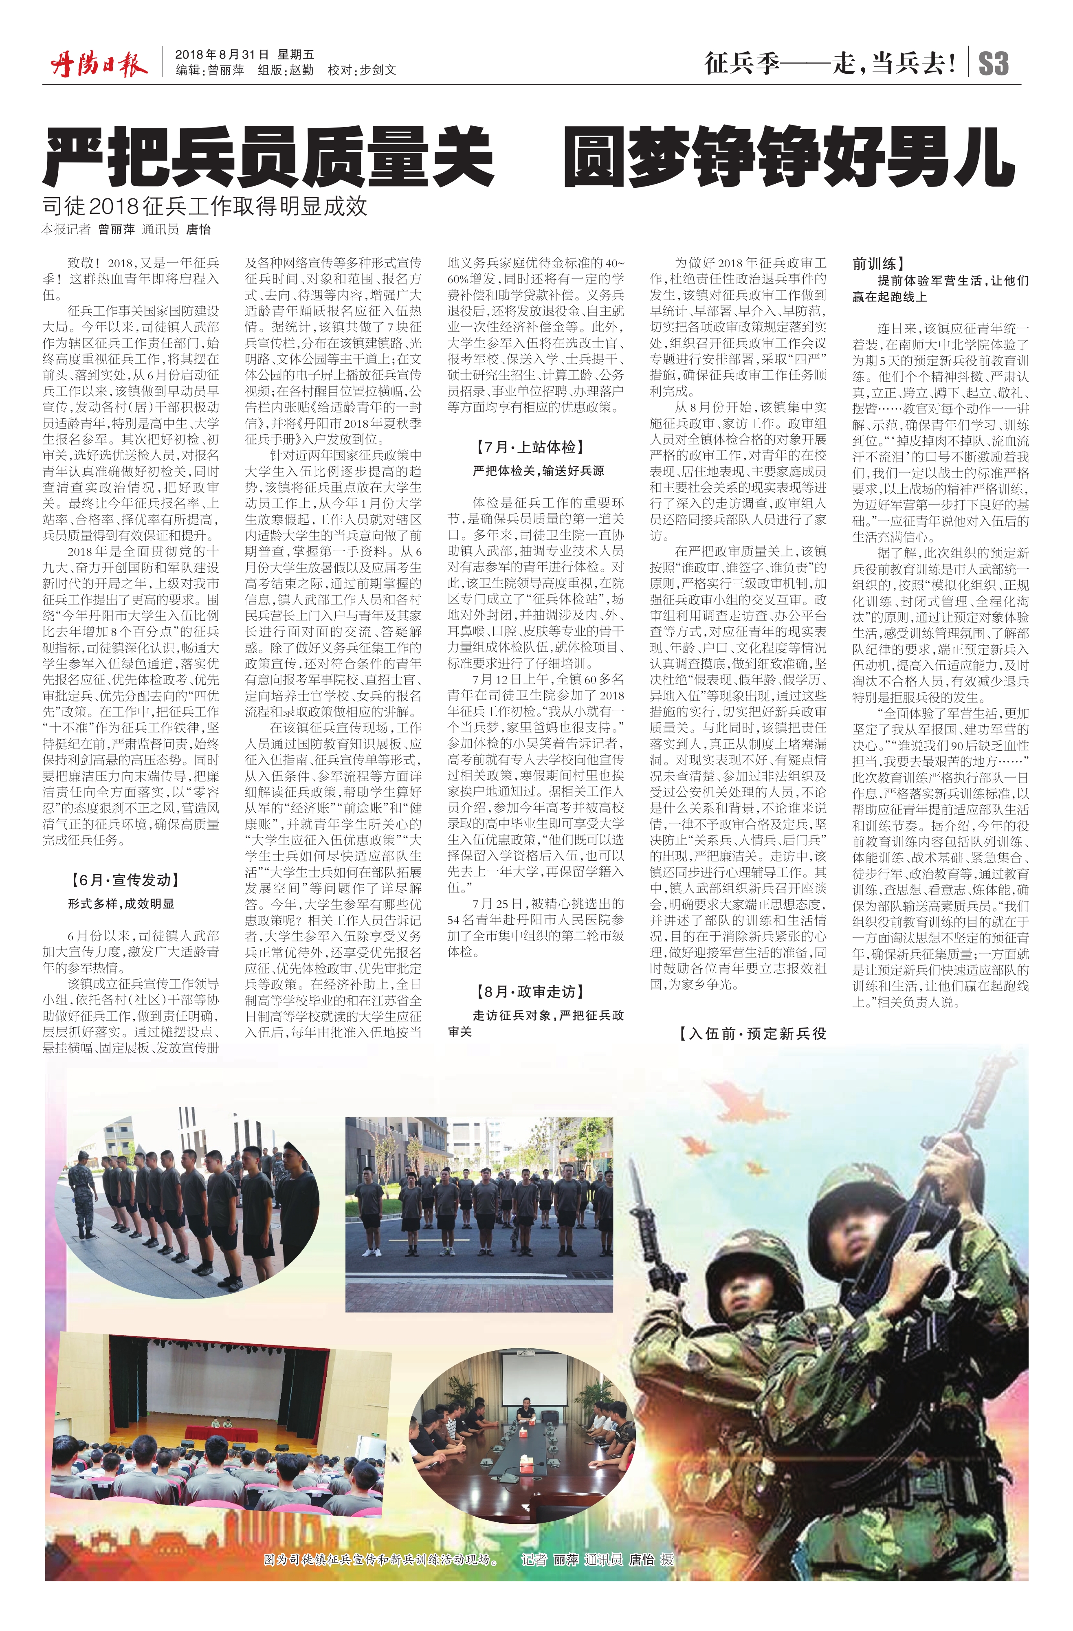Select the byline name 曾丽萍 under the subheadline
click(x=117, y=230)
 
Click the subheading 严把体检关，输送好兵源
click(x=538, y=471)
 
